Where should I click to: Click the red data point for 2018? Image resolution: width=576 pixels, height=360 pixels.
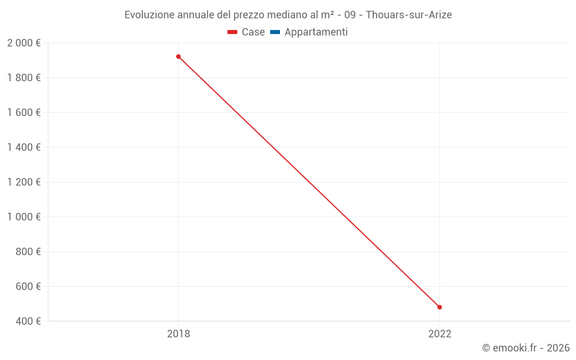tap(179, 56)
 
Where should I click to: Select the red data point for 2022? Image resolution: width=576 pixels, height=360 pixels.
tap(439, 307)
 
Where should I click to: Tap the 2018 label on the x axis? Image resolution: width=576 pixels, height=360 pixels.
tap(179, 334)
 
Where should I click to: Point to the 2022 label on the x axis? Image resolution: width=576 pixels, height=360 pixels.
tap(439, 334)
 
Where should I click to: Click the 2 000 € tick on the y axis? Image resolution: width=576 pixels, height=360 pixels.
tap(24, 43)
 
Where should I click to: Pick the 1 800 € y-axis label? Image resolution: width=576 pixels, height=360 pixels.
tap(24, 78)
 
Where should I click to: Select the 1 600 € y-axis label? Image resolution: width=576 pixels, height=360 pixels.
tap(24, 113)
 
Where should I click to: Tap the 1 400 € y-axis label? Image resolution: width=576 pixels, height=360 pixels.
tap(24, 147)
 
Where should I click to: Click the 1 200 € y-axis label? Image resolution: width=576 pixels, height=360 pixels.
tap(24, 183)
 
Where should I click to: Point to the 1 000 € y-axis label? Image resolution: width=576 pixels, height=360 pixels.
tap(24, 217)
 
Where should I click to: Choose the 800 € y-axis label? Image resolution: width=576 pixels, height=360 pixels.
tap(28, 252)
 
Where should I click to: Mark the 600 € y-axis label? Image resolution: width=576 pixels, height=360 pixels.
tap(28, 287)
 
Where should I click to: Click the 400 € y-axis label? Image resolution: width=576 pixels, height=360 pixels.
tap(28, 321)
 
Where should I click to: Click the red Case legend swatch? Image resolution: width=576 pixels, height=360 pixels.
tap(233, 32)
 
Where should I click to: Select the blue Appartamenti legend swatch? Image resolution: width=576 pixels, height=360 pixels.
tap(275, 32)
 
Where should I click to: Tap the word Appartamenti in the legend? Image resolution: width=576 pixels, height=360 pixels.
tap(316, 32)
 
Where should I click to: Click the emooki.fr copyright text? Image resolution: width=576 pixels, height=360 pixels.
tap(526, 348)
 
